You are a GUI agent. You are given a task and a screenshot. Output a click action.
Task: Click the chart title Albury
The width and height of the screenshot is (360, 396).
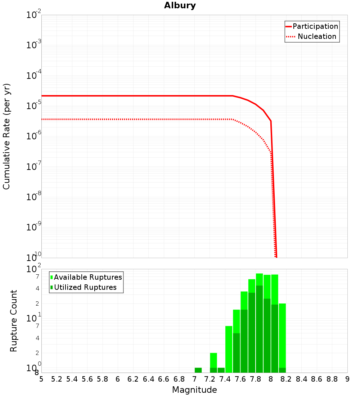click(180, 5)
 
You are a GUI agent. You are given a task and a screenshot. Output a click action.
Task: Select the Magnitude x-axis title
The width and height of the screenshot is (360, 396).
click(194, 390)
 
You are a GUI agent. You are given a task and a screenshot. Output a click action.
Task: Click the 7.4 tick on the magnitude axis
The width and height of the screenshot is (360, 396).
click(225, 379)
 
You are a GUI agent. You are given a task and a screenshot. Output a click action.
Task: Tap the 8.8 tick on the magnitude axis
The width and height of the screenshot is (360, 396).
click(332, 379)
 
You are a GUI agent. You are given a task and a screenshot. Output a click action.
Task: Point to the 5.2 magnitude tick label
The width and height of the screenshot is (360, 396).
click(57, 379)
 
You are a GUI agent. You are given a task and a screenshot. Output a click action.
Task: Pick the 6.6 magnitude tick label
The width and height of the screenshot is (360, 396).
click(164, 379)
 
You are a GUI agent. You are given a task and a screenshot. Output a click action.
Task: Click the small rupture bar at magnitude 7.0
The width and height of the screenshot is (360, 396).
click(198, 370)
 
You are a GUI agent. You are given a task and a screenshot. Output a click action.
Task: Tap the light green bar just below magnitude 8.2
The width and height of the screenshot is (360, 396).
click(282, 335)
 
